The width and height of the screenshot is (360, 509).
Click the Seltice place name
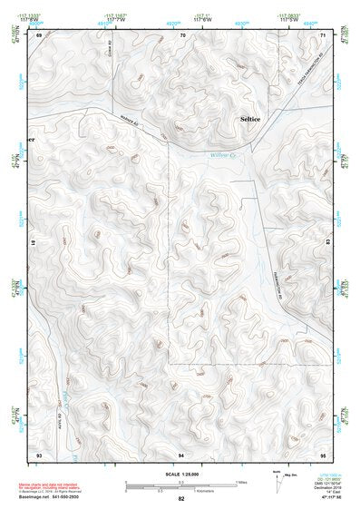pyautogui.click(x=248, y=119)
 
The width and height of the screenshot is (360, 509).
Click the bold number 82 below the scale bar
pyautogui.click(x=181, y=499)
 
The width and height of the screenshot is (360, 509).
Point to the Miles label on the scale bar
pyautogui.click(x=240, y=482)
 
